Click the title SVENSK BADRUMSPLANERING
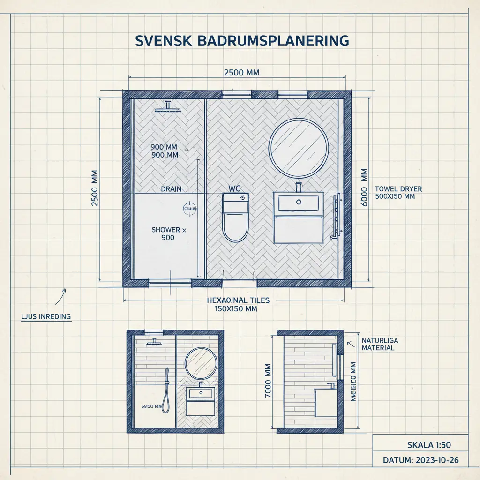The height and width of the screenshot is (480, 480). (x=242, y=40)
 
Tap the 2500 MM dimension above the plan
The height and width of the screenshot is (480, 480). (x=242, y=73)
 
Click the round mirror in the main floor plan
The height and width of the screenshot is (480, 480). (x=299, y=148)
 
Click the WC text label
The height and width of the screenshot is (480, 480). (x=234, y=188)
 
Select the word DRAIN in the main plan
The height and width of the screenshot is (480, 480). (x=171, y=189)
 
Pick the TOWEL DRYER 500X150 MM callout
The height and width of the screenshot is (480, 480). (x=398, y=193)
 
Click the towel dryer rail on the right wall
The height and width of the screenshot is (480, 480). (x=336, y=217)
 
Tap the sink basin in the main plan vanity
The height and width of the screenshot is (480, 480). (x=299, y=203)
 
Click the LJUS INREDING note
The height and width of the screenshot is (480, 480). (x=46, y=316)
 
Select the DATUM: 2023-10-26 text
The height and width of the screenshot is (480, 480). (x=420, y=460)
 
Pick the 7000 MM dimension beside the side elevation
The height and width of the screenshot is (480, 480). (x=268, y=381)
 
